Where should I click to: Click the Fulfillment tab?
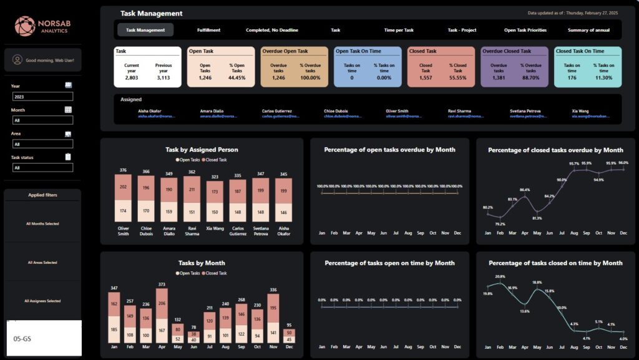(x=208, y=30)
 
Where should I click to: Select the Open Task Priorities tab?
(x=525, y=30)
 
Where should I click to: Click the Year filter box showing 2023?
(x=42, y=97)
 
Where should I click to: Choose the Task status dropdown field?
(x=42, y=167)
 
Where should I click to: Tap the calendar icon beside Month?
(x=68, y=110)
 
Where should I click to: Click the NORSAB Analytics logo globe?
(x=24, y=26)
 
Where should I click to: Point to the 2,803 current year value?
(x=132, y=78)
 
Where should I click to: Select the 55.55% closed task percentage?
(x=457, y=78)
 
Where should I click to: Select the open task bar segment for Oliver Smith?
(x=123, y=211)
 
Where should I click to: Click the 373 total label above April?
(x=162, y=285)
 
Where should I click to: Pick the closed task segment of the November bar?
(x=273, y=309)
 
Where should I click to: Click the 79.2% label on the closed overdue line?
(x=499, y=223)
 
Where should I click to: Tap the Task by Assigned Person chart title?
(x=202, y=150)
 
